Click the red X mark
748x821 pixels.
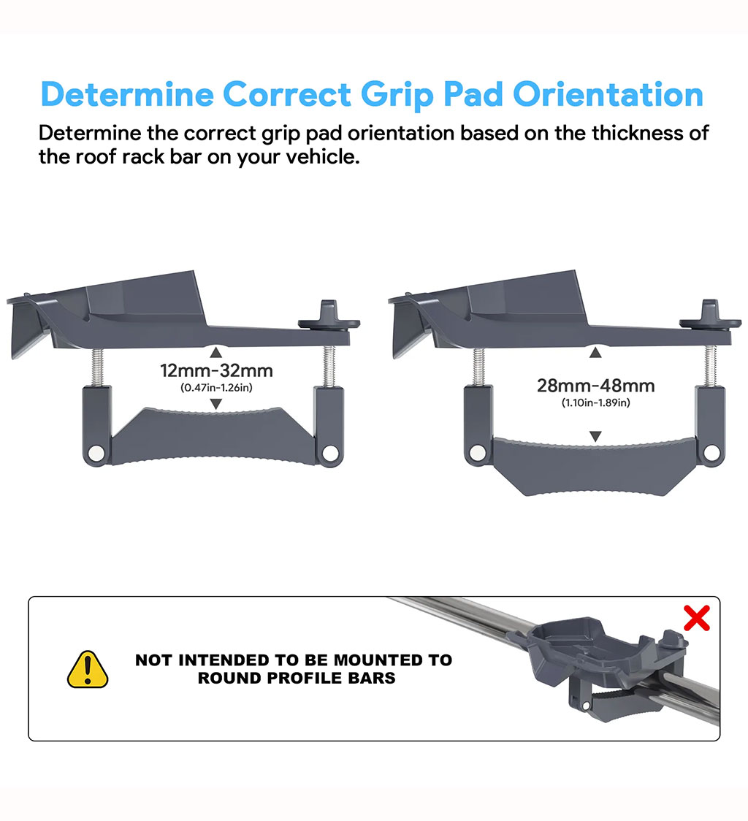(697, 618)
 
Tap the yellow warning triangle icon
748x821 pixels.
(88, 669)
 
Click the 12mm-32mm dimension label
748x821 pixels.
(216, 371)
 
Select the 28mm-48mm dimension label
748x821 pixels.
(595, 386)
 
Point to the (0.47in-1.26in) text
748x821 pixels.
(216, 388)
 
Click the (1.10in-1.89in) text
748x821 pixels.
(595, 403)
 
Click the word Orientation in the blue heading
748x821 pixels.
(608, 95)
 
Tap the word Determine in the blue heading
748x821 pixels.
(127, 95)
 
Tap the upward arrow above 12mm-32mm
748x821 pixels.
(215, 352)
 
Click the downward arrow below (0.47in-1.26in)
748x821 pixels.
(215, 404)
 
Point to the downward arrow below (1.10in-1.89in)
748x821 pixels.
(595, 436)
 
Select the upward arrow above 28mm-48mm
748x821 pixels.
(595, 353)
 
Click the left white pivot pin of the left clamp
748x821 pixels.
(96, 453)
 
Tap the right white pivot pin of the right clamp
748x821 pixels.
(711, 452)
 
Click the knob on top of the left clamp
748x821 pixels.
(329, 316)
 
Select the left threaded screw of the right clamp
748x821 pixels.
(479, 367)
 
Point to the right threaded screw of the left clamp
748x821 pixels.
(329, 367)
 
